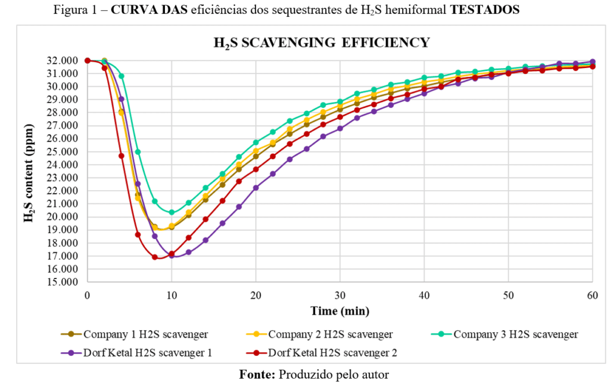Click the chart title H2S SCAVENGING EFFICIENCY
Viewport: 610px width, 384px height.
(x=321, y=43)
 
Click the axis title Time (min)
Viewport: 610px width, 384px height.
(x=340, y=311)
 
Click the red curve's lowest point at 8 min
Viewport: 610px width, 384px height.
(x=155, y=257)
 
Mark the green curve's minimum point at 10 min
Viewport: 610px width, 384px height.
(x=172, y=212)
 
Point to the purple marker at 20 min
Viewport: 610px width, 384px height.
(x=256, y=187)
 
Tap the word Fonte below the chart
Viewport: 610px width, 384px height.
(x=257, y=374)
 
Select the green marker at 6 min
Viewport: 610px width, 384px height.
(x=138, y=151)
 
